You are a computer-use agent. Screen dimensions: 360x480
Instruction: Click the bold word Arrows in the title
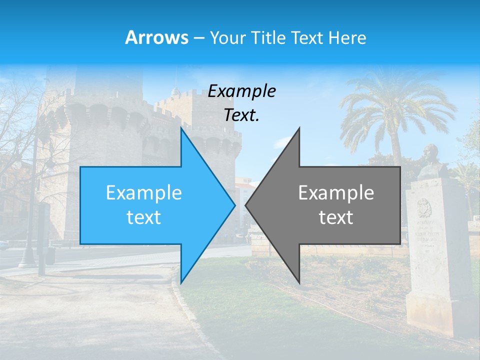click(x=156, y=37)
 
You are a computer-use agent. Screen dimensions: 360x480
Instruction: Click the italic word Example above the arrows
click(x=241, y=91)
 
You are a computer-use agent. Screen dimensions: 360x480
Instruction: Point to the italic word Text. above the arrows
click(x=241, y=115)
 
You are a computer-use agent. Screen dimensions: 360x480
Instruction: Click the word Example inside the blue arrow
click(x=144, y=192)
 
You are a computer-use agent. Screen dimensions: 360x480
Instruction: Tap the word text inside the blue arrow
click(x=144, y=217)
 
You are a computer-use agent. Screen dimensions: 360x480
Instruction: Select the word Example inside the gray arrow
click(x=336, y=192)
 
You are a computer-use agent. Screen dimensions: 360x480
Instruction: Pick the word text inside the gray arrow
click(x=336, y=217)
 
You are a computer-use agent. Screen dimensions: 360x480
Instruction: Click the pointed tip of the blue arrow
click(x=234, y=205)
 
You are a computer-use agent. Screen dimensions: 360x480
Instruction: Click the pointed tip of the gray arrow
click(x=246, y=205)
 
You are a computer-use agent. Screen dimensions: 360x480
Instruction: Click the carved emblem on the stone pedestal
click(x=424, y=207)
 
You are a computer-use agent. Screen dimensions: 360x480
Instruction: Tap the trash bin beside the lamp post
click(x=50, y=255)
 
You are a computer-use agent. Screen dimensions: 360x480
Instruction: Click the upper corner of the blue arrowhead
click(x=181, y=128)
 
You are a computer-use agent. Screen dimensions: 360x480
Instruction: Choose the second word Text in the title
click(x=308, y=37)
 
